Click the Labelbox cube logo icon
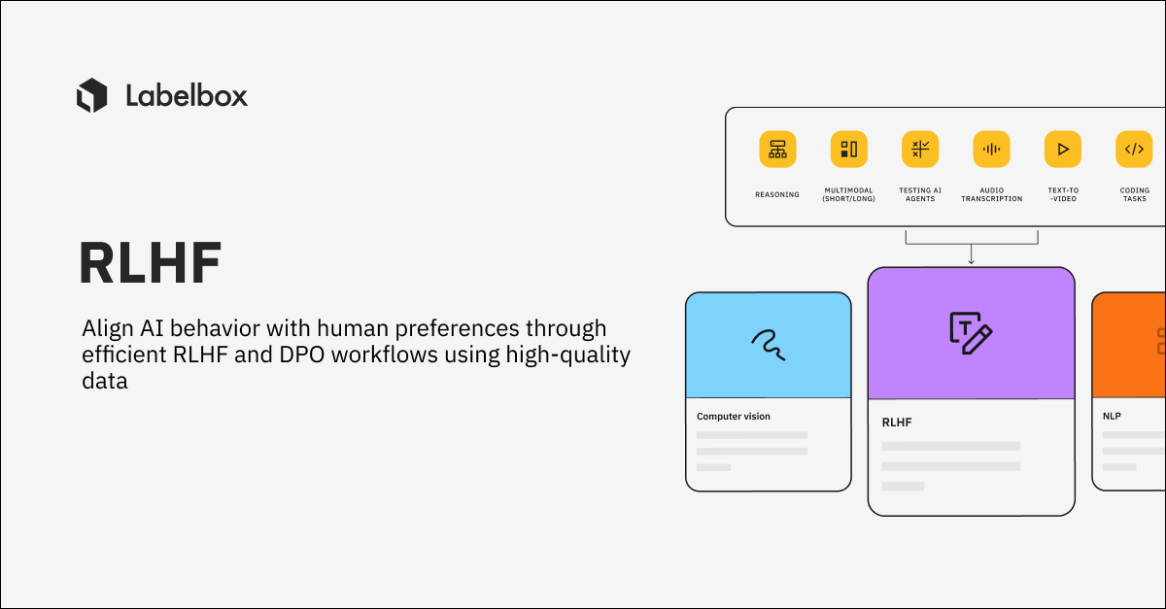pos(91,95)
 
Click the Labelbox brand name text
pos(187,95)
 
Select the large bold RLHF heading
pos(151,262)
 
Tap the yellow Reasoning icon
pos(777,149)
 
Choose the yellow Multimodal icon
pos(848,149)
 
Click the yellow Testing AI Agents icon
pos(920,149)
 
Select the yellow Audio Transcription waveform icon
pos(991,149)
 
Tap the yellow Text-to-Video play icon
pos(1063,149)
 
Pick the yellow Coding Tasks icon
pos(1134,149)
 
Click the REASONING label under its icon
pos(777,194)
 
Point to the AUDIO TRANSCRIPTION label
pos(991,194)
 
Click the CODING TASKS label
pos(1134,194)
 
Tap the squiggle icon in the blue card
pos(768,342)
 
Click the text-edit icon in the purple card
pos(971,331)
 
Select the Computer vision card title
pos(734,416)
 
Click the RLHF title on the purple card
pos(897,423)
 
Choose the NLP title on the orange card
pos(1112,416)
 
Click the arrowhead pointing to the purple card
pos(971,260)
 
